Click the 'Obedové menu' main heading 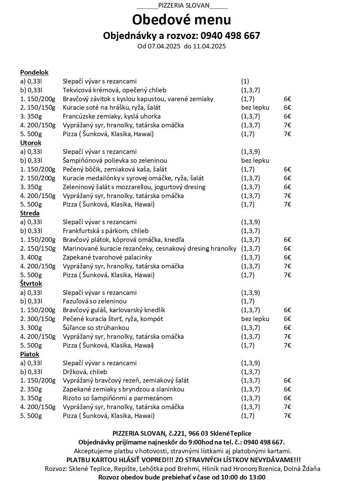click(x=181, y=19)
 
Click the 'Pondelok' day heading click(x=34, y=73)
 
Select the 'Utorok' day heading click(x=30, y=143)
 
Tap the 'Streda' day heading click(x=30, y=213)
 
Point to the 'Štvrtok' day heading click(x=31, y=284)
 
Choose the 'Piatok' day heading click(x=30, y=354)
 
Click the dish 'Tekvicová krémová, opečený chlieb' click(x=114, y=90)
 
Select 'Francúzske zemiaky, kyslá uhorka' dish click(x=112, y=116)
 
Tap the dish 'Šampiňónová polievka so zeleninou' click(x=115, y=161)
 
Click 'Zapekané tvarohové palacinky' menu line click(x=107, y=257)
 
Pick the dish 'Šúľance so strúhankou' click(x=96, y=328)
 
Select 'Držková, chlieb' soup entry click(x=85, y=372)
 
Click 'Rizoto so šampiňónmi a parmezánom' click(x=117, y=398)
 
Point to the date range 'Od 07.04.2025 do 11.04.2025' click(x=181, y=46)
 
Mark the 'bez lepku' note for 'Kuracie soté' click(x=255, y=108)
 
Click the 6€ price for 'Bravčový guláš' click(x=287, y=310)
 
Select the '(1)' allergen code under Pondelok click(x=245, y=81)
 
